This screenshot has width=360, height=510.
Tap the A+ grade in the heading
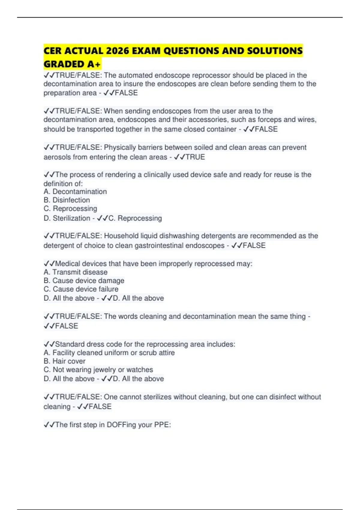tap(94, 64)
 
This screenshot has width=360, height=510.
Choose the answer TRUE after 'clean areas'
tap(195, 157)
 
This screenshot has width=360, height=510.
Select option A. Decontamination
tap(75, 192)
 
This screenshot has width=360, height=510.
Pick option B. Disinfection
tap(67, 200)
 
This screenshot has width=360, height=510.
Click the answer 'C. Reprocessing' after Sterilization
tap(135, 218)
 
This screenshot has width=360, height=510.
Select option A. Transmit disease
tap(75, 272)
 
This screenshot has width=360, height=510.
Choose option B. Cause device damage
tap(84, 280)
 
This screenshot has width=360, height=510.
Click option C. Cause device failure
tap(81, 289)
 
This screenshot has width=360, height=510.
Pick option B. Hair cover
tap(64, 361)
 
